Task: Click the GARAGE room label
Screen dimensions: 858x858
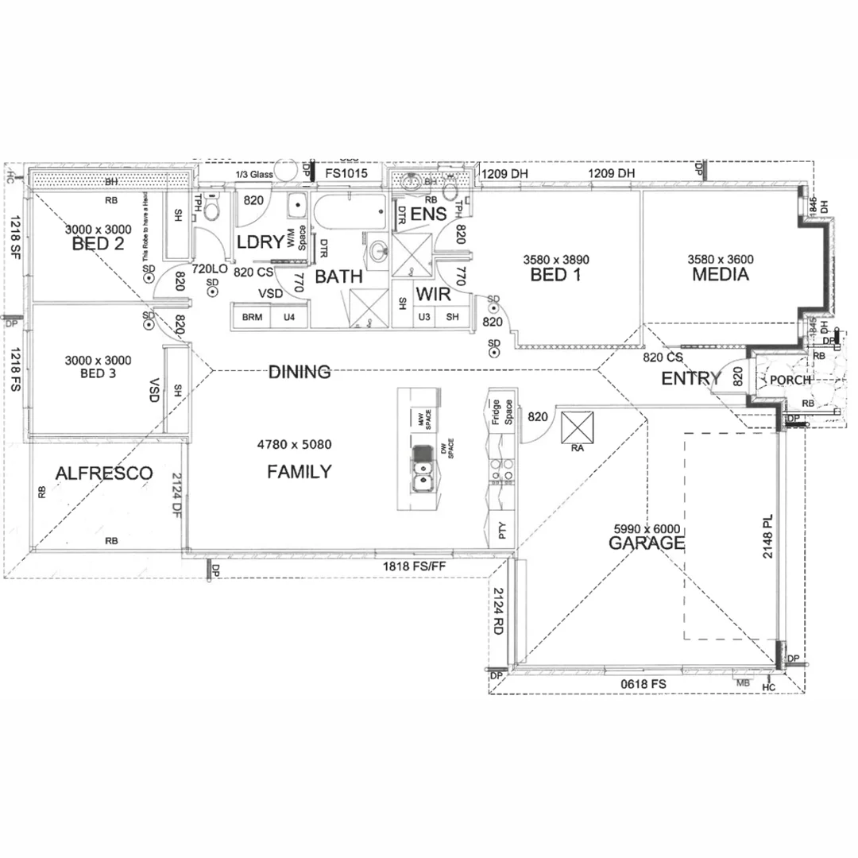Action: [x=646, y=543]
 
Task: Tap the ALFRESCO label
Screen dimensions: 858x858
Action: [x=104, y=473]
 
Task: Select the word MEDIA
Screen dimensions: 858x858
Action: [x=721, y=275]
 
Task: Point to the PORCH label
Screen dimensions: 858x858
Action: [x=790, y=380]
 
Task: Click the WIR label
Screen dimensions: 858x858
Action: [x=434, y=295]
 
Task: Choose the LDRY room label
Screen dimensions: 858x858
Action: [x=260, y=242]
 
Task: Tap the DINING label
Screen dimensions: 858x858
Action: [x=299, y=372]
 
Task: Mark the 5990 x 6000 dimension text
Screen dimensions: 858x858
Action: [x=646, y=529]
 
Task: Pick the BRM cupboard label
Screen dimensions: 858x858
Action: [x=252, y=317]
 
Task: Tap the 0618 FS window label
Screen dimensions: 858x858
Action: [x=643, y=684]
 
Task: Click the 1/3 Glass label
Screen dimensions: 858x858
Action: [x=254, y=175]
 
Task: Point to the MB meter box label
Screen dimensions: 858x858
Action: [x=744, y=682]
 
